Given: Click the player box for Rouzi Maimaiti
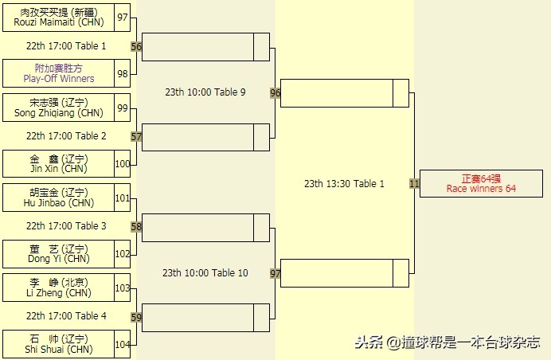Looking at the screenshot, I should point(59,18).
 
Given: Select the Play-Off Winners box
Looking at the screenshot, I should point(59,74).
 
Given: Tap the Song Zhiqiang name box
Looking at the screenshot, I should point(59,108).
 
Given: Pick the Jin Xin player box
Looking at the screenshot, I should point(59,164).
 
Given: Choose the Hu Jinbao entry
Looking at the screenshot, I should point(59,198).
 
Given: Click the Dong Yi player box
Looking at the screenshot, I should point(59,253).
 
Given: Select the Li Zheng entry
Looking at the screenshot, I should point(59,288).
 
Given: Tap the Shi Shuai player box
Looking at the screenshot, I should point(59,343).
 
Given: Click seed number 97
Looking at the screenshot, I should point(122,18).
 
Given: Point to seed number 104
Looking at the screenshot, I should point(122,344).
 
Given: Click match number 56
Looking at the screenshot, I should point(136,47).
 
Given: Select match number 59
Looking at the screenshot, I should point(136,318).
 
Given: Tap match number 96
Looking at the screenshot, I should point(275,93).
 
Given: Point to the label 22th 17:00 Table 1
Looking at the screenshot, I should point(66,46).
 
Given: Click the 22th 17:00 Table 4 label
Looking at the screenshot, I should point(66,316).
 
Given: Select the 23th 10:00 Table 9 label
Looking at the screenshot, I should point(205,92).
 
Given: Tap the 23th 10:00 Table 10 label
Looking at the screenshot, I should point(205,273).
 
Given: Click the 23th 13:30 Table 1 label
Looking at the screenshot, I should point(344,184).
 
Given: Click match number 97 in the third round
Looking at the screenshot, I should point(275,273).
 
